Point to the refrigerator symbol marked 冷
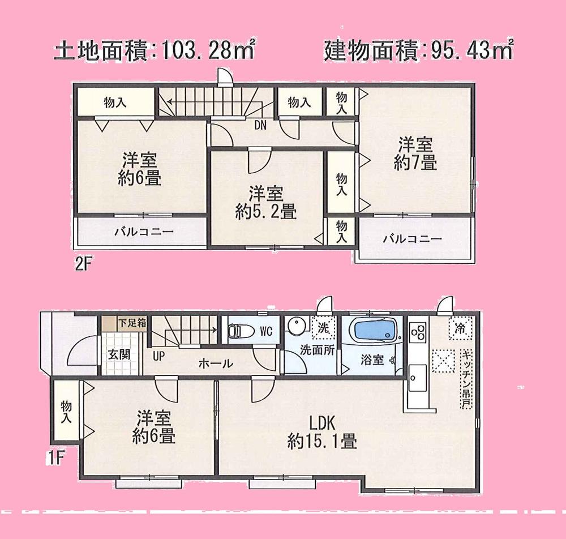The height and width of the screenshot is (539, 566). click(x=458, y=328)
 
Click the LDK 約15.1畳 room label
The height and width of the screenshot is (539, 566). click(x=322, y=431)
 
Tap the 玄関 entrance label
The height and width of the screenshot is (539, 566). click(x=119, y=355)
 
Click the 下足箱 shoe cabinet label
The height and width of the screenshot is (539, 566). click(x=132, y=324)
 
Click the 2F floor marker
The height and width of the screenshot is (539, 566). click(x=83, y=264)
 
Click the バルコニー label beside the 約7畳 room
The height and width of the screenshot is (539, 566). click(x=411, y=239)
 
